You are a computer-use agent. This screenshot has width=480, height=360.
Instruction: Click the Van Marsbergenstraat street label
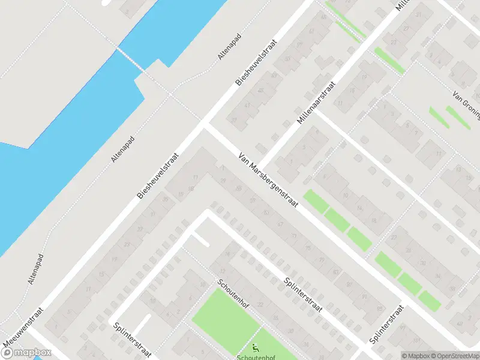268,181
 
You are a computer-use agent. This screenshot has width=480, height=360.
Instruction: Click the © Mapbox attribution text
415,356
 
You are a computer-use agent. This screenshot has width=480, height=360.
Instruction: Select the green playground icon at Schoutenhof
256,346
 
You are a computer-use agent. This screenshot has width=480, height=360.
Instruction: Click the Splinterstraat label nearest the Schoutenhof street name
303,294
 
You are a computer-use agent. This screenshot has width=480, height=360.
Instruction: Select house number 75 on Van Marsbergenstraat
308,248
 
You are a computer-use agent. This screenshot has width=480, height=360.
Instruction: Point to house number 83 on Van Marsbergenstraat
335,272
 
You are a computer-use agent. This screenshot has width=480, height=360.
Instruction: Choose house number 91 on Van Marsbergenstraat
364,296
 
